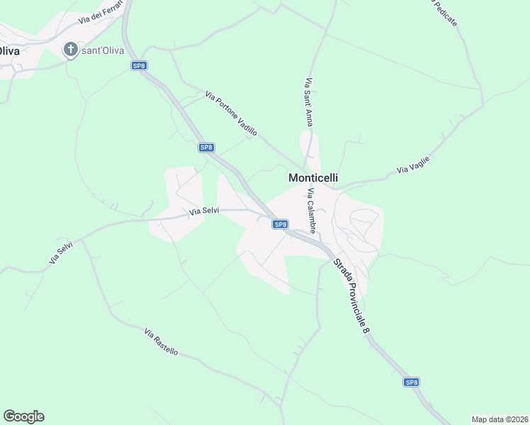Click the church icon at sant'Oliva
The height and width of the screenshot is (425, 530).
70,50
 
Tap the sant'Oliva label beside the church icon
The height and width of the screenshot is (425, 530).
103,50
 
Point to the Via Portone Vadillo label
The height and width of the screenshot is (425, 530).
231,113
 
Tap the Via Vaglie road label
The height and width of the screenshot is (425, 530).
414,165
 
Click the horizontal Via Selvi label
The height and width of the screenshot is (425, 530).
204,211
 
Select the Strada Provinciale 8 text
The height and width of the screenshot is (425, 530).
352,297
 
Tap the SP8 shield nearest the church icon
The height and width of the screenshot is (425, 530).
139,66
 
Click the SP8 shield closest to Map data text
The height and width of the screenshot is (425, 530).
412,382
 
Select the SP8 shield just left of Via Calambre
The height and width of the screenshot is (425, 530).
281,225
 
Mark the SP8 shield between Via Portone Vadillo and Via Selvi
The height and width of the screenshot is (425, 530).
205,147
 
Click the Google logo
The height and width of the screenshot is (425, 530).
23,416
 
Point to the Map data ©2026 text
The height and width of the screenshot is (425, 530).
499,419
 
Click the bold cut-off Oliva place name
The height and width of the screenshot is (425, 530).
9,50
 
